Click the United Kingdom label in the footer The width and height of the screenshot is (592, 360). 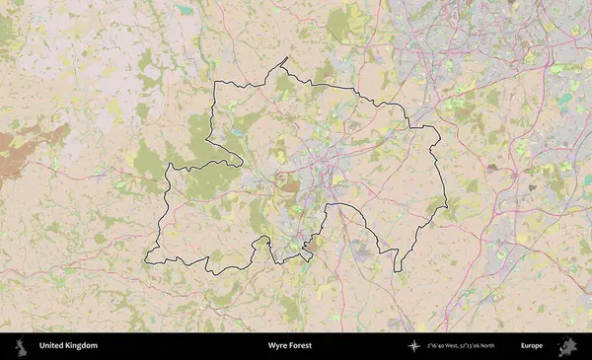[x=68, y=346]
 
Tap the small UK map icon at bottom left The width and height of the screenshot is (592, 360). [x=19, y=346]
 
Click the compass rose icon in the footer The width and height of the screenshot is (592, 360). [x=415, y=346]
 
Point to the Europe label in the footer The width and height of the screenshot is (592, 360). [x=532, y=346]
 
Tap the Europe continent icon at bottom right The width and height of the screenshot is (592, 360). [x=567, y=346]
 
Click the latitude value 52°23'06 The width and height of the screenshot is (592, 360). [x=482, y=346]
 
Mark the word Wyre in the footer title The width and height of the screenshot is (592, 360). [x=277, y=346]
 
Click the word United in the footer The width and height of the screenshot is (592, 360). [x=50, y=346]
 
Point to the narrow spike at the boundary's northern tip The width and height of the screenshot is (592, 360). [x=285, y=59]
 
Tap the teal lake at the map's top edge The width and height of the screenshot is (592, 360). [x=185, y=10]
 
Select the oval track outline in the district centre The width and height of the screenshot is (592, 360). [x=288, y=181]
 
